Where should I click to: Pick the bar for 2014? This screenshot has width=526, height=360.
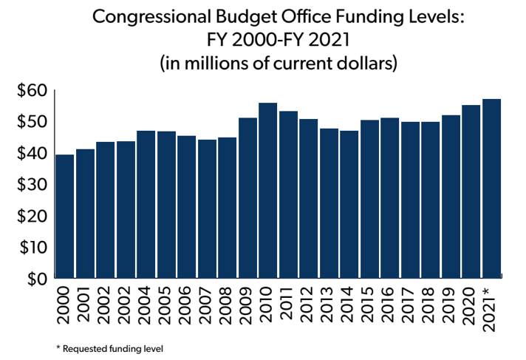[349, 204]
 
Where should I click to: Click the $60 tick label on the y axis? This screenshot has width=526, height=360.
[32, 91]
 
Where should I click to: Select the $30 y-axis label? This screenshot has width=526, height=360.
[32, 185]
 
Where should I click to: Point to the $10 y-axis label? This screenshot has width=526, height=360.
[32, 247]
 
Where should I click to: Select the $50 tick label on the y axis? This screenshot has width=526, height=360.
[32, 122]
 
